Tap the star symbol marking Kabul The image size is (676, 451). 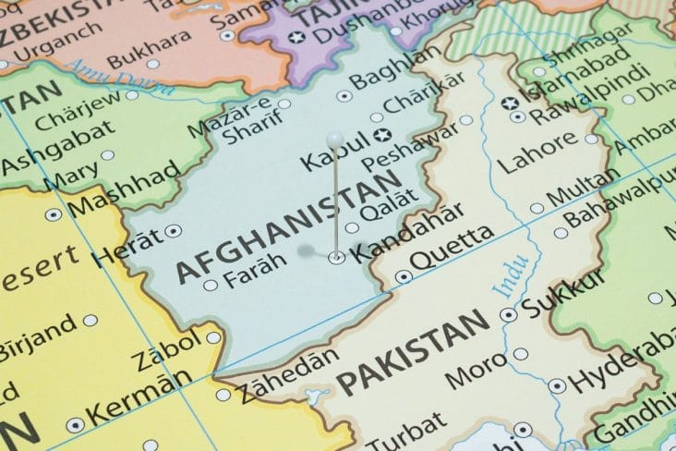click(386, 136)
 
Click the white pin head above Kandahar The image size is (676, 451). click(335, 139)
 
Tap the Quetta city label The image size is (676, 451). click(453, 250)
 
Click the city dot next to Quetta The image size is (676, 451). click(402, 276)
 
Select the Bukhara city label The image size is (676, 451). click(141, 53)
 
